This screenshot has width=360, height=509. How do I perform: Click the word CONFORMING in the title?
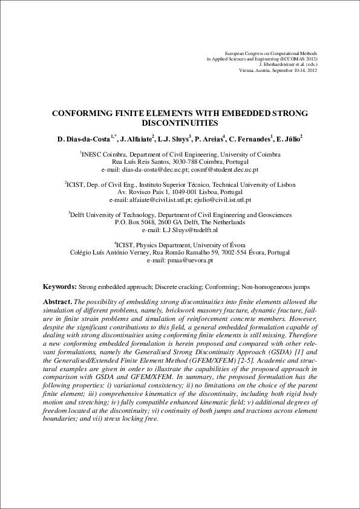80,113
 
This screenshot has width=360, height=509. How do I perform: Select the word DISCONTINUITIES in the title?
180,123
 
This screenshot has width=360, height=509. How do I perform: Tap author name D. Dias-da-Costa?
84,140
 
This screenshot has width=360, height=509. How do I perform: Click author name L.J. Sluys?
174,140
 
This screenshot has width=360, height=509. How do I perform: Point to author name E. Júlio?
289,140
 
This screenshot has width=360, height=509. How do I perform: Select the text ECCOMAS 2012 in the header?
299,59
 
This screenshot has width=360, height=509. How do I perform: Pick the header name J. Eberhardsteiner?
279,65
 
